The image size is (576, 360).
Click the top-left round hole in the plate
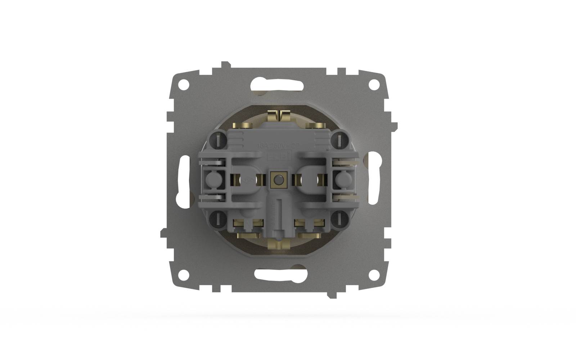coord(184,85)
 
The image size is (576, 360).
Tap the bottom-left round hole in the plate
coord(184,274)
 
